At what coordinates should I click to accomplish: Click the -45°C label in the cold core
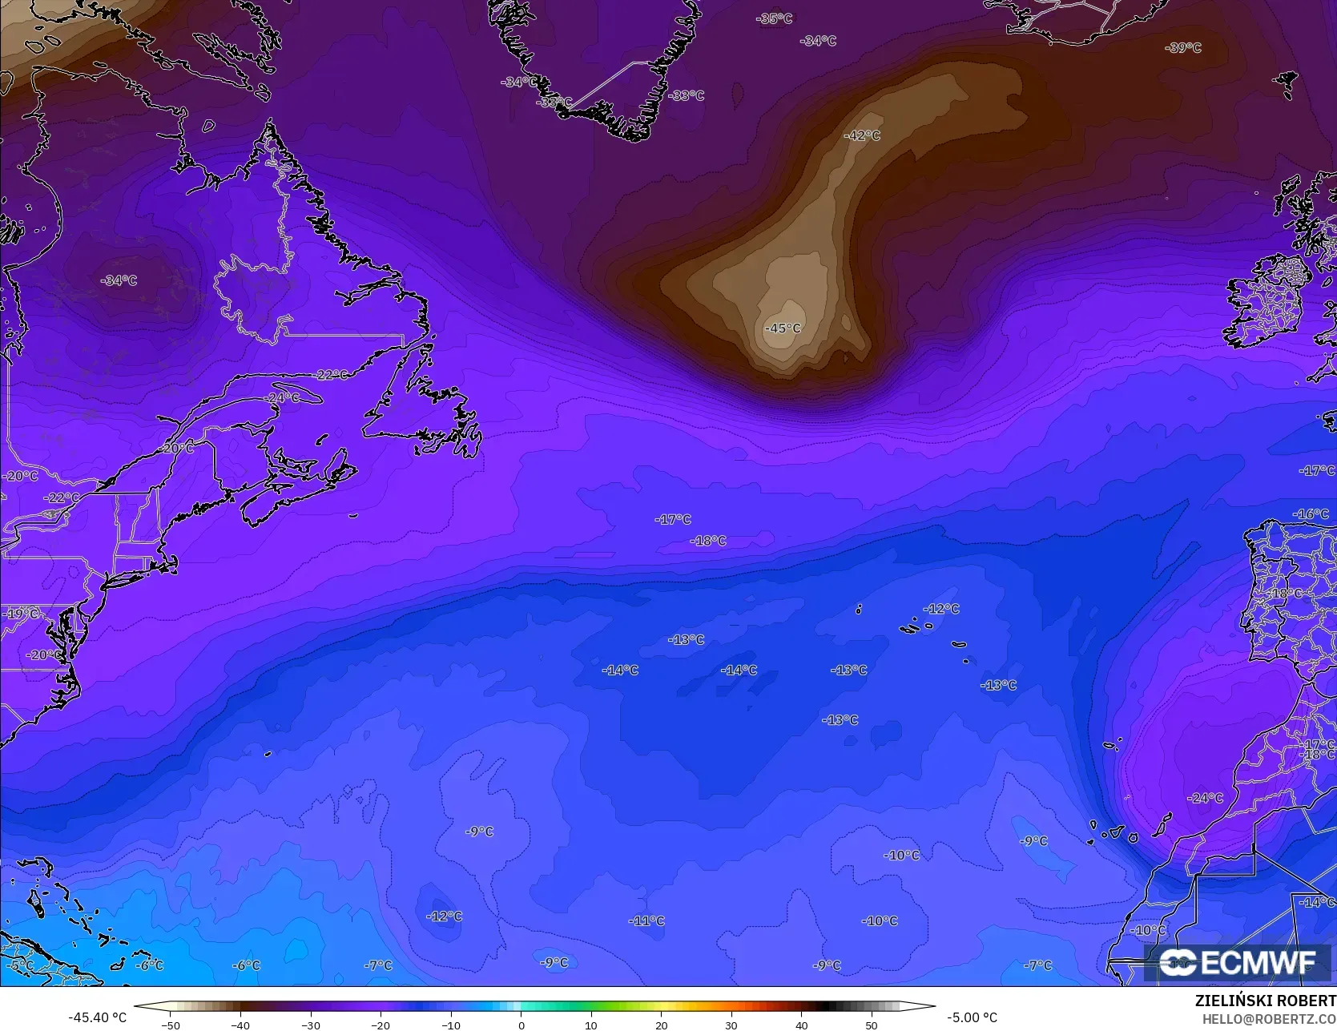tap(783, 328)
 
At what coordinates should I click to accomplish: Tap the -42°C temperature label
tap(862, 135)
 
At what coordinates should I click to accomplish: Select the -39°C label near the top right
tap(1183, 48)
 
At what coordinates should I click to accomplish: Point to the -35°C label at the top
tap(775, 18)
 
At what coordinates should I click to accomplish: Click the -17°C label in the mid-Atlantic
tap(673, 519)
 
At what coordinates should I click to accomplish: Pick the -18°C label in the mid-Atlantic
tap(708, 541)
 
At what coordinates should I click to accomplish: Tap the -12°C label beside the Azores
tap(941, 609)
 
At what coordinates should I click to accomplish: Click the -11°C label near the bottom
tap(647, 921)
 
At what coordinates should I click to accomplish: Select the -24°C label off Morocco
tap(1206, 798)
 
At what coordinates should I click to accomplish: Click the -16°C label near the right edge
tap(1311, 513)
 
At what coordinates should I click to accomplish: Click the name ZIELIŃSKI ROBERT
tap(1265, 1001)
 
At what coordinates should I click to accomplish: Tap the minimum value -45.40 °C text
tap(98, 1017)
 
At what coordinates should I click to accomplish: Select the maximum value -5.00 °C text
tap(972, 1017)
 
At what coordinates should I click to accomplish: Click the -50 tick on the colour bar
tap(171, 1025)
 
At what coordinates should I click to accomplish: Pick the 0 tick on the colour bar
tap(522, 1025)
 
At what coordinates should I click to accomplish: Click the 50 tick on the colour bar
tap(872, 1025)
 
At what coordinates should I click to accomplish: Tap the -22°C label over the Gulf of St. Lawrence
tap(332, 375)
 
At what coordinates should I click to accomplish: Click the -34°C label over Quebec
tap(119, 280)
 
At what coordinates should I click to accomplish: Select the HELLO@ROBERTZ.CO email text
tap(1269, 1017)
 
